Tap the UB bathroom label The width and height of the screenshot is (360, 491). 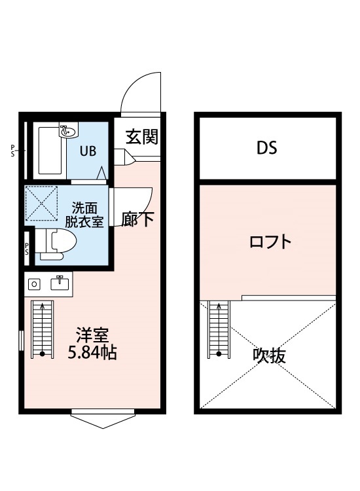pyautogui.click(x=88, y=151)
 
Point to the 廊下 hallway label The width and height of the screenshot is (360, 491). pyautogui.click(x=137, y=220)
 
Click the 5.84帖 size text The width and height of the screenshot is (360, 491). pyautogui.click(x=93, y=354)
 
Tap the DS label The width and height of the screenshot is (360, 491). pyautogui.click(x=266, y=148)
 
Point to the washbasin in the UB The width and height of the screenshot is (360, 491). pyautogui.click(x=67, y=132)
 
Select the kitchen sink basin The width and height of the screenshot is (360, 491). pyautogui.click(x=60, y=283)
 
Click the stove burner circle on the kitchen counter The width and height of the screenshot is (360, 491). pyautogui.click(x=36, y=283)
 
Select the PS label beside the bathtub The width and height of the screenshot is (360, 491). pyautogui.click(x=12, y=151)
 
